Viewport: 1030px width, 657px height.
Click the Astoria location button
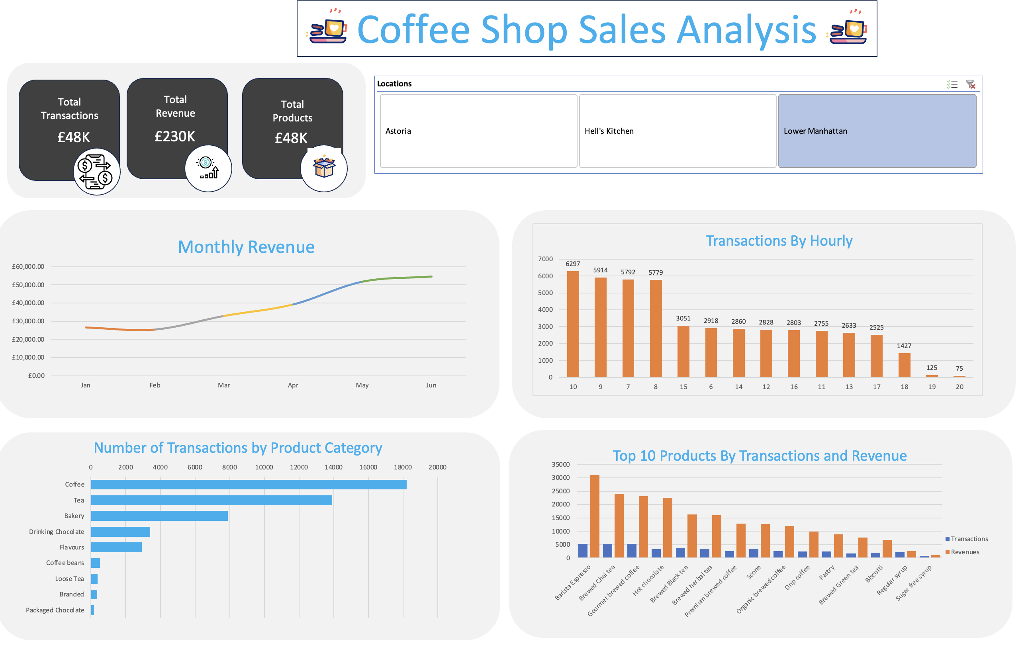[x=478, y=131]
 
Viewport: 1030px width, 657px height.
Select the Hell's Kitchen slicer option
[x=677, y=131]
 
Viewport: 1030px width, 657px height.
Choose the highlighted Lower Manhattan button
[x=877, y=131]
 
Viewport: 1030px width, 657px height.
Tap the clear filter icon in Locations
[x=971, y=84]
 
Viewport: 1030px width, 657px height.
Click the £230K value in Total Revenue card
[x=174, y=137]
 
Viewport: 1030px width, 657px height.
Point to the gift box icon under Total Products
[x=324, y=168]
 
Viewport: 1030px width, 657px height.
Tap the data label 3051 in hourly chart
[x=683, y=318]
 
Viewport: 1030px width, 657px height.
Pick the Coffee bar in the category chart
[x=249, y=484]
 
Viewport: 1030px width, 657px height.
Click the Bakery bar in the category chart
[x=159, y=516]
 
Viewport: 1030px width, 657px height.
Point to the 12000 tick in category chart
[x=299, y=467]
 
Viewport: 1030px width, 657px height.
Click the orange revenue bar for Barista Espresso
[x=595, y=516]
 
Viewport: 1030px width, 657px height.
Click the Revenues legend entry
[x=965, y=552]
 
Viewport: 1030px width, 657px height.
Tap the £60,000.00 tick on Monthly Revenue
[x=28, y=266]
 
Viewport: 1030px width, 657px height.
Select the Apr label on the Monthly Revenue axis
[x=293, y=385]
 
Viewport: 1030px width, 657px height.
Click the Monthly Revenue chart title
[x=246, y=247]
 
